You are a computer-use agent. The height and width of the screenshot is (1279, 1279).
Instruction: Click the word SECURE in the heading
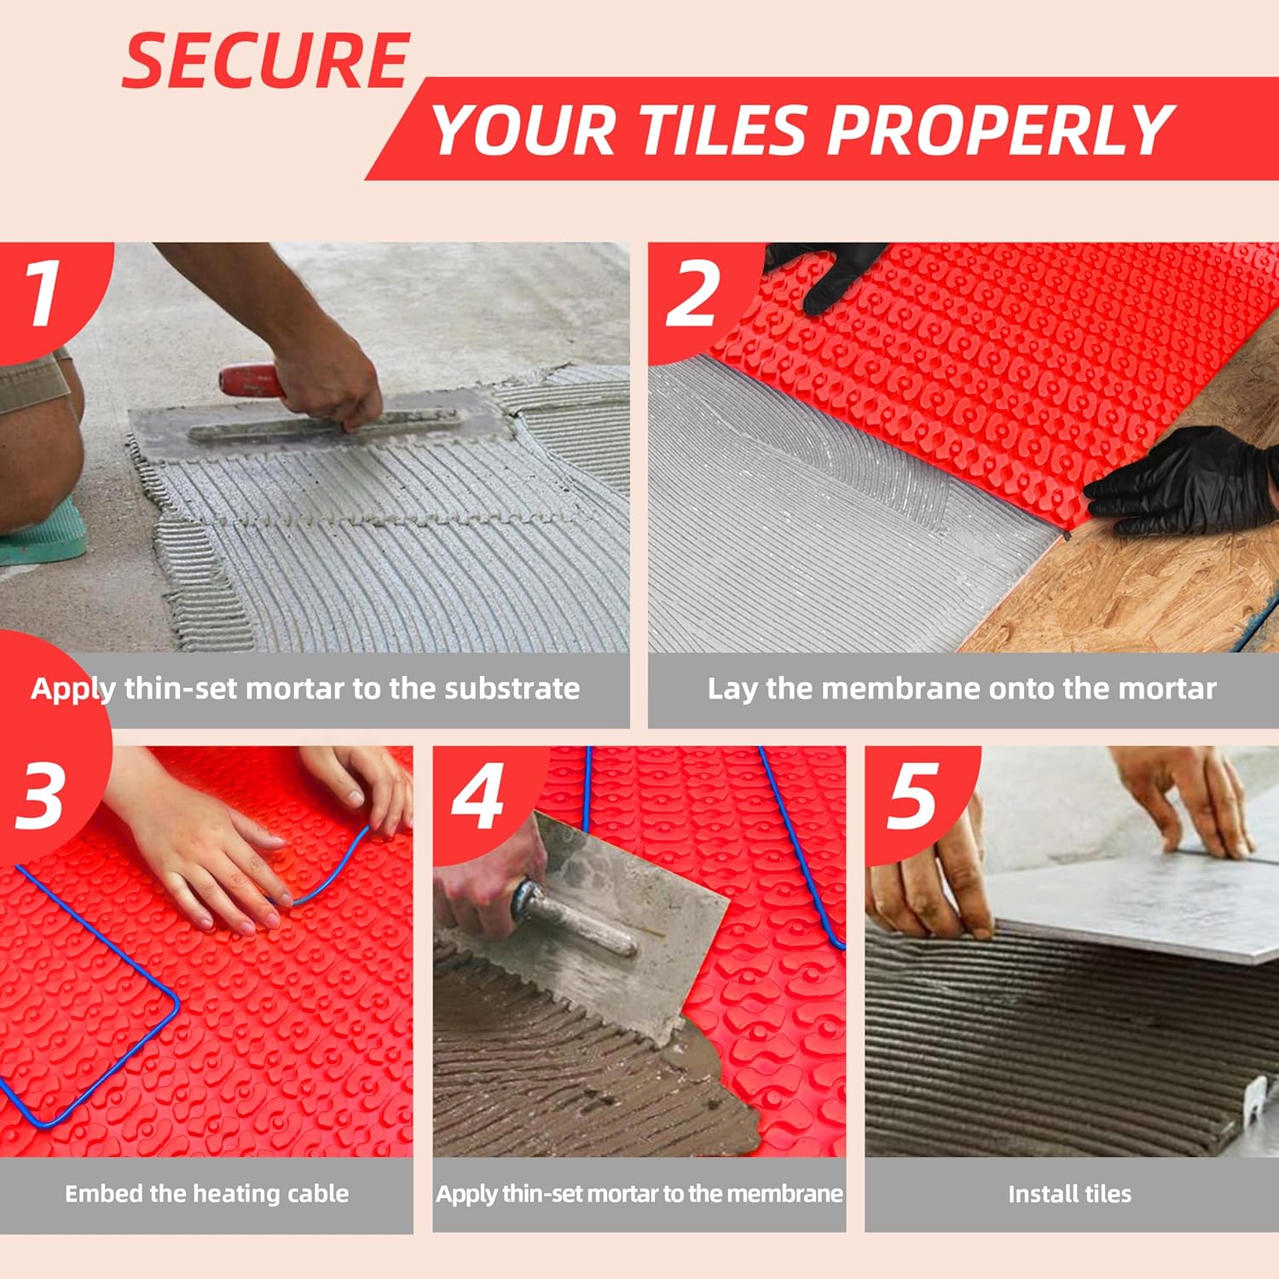[266, 61]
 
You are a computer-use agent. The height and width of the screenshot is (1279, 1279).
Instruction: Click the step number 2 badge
[692, 294]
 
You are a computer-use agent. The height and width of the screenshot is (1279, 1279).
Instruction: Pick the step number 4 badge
[477, 797]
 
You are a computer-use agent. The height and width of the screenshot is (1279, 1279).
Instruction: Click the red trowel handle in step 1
[249, 380]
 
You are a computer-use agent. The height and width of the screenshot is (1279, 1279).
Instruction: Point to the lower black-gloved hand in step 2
[1185, 482]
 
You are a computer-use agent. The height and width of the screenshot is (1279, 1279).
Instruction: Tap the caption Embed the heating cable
[206, 1194]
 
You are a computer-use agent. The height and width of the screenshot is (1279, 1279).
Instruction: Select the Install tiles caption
[1069, 1194]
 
